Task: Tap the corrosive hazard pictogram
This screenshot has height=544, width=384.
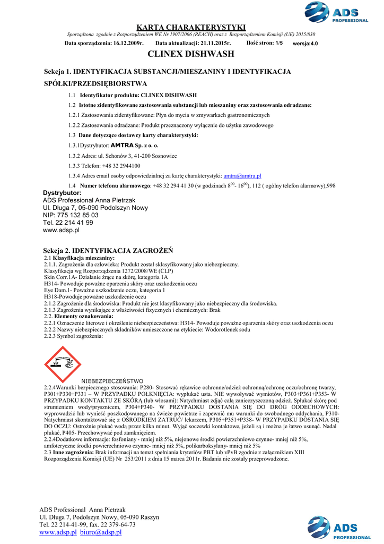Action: click(x=63, y=364)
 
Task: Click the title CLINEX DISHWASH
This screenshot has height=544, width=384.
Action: click(x=191, y=54)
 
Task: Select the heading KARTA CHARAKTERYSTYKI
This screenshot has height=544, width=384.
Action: click(x=191, y=27)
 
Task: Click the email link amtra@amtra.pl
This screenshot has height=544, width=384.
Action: click(x=242, y=175)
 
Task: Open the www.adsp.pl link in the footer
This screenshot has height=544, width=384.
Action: click(x=58, y=532)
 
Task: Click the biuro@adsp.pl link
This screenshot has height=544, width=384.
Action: click(x=101, y=532)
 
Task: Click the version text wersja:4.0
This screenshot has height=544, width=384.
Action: click(x=306, y=44)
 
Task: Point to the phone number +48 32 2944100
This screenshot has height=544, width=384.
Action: click(x=119, y=166)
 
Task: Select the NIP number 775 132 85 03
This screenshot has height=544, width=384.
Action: click(x=76, y=215)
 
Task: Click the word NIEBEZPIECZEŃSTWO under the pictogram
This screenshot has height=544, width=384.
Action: click(x=112, y=381)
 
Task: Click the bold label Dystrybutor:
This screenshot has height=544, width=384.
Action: click(x=62, y=192)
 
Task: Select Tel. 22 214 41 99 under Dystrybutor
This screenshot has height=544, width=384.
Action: click(x=68, y=223)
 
